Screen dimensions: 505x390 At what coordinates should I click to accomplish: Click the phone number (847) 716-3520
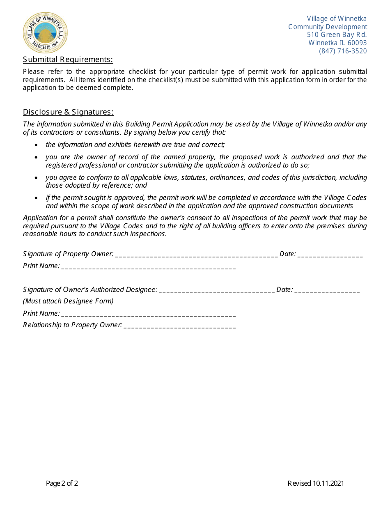tap(343, 51)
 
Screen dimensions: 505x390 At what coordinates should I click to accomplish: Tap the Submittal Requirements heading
tap(68, 60)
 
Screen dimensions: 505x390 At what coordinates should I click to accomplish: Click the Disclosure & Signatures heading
tap(68, 112)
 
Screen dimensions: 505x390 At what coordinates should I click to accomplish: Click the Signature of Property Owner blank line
tap(196, 255)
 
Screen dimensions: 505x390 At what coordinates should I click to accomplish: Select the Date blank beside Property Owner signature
tap(330, 255)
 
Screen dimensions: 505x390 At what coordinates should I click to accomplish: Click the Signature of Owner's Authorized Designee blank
tap(216, 290)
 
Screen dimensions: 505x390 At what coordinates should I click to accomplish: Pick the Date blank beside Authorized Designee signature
tap(327, 290)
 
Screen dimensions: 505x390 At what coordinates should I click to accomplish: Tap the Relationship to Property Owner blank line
tap(179, 326)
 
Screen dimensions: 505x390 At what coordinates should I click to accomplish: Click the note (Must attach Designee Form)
tap(68, 301)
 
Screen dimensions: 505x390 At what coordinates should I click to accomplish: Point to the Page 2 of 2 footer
tap(62, 483)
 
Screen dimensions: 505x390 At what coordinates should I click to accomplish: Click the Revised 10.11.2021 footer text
tap(316, 483)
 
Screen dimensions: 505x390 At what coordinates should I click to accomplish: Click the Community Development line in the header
tap(327, 27)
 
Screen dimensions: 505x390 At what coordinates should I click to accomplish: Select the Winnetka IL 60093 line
tap(337, 43)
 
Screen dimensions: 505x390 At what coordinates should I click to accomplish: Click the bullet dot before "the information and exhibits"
tap(37, 145)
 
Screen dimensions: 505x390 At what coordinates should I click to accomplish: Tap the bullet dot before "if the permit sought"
tap(37, 198)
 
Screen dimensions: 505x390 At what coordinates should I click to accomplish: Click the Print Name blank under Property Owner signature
tap(148, 266)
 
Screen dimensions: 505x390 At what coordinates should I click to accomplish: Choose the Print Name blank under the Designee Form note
tap(148, 314)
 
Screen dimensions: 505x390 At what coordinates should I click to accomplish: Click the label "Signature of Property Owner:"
tap(68, 254)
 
